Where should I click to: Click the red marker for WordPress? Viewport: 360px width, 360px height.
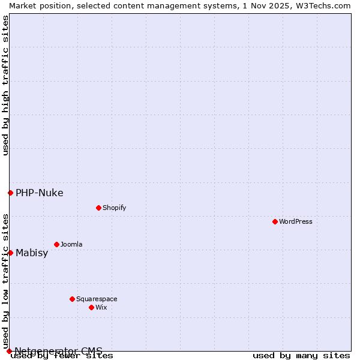[x=275, y=221]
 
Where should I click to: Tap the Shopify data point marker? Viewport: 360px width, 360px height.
[x=98, y=208]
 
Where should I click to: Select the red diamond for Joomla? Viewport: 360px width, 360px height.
[x=56, y=244]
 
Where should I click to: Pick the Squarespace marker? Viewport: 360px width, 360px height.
[x=72, y=299]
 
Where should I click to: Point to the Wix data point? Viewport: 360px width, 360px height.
[x=91, y=307]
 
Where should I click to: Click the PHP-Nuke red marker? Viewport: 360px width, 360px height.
[x=10, y=193]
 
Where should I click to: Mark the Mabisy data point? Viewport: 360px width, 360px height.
[x=10, y=253]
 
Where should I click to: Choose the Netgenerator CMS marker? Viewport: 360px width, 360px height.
[x=9, y=351]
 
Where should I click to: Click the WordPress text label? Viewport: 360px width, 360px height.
[x=296, y=221]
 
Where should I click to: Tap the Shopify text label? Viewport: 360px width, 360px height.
[x=114, y=208]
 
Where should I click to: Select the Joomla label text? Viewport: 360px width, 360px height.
[x=71, y=244]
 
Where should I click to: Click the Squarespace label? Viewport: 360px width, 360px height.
[x=97, y=299]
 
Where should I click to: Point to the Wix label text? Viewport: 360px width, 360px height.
[x=101, y=307]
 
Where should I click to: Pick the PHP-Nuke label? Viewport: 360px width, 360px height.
[x=39, y=193]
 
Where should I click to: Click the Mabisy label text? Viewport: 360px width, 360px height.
[x=32, y=253]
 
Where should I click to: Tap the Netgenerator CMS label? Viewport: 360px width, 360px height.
[x=58, y=351]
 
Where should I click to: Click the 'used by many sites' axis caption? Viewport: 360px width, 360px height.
[x=301, y=356]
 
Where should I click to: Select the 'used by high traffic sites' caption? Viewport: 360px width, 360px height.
[x=5, y=85]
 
